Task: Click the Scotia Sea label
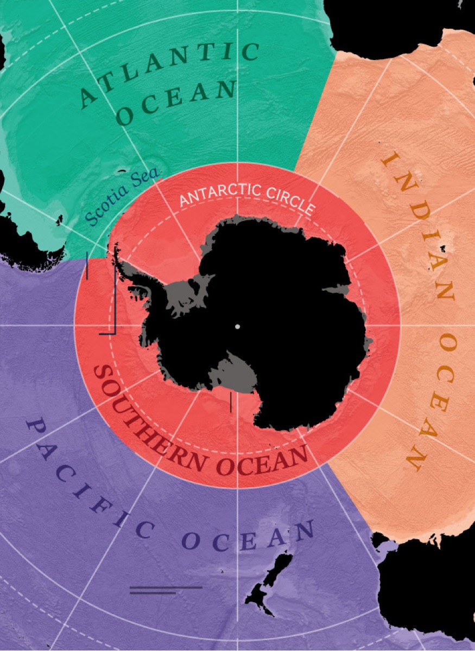[x=123, y=196]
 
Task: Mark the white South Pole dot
[x=237, y=327]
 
